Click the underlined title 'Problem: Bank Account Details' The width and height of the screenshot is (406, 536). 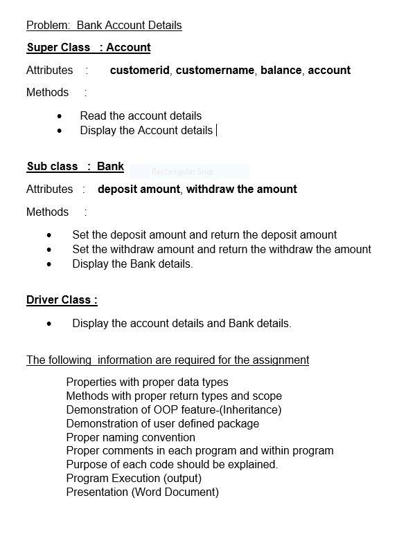pyautogui.click(x=104, y=26)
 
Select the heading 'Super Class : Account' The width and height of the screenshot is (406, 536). pyautogui.click(x=89, y=48)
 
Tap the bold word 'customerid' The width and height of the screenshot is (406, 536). pyautogui.click(x=139, y=70)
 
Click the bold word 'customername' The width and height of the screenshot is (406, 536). pyautogui.click(x=215, y=70)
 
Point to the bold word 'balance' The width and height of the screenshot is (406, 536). pyautogui.click(x=281, y=70)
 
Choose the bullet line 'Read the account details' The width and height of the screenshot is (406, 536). pyautogui.click(x=141, y=115)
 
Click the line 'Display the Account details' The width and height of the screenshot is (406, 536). pyautogui.click(x=146, y=130)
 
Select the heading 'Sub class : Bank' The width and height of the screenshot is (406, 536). pyautogui.click(x=76, y=166)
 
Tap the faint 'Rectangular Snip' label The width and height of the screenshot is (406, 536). pyautogui.click(x=182, y=172)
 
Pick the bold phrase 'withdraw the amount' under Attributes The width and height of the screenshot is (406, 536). pyautogui.click(x=241, y=189)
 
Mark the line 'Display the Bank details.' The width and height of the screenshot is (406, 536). pyautogui.click(x=132, y=264)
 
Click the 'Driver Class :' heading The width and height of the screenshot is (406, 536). pyautogui.click(x=62, y=299)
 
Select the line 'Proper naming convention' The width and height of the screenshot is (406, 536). pyautogui.click(x=130, y=437)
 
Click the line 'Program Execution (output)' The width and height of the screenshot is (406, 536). pyautogui.click(x=134, y=478)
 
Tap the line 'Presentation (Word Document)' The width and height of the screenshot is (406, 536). pyautogui.click(x=142, y=492)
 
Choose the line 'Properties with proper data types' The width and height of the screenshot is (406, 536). pyautogui.click(x=147, y=382)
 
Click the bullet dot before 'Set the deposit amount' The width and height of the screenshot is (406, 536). pyautogui.click(x=49, y=235)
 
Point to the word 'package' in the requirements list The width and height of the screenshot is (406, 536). pyautogui.click(x=238, y=423)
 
